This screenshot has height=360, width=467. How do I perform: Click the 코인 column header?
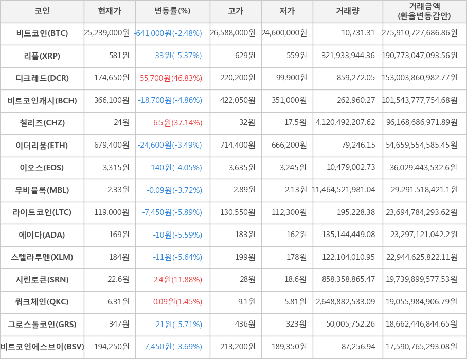pos(42,11)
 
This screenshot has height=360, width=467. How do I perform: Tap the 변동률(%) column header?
pos(172,11)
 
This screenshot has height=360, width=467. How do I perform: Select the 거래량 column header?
pos(348,11)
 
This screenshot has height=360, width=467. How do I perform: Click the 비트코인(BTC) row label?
pos(42,33)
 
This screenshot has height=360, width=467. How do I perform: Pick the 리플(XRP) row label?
pos(42,56)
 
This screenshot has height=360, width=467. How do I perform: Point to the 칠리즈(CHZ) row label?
pos(42,122)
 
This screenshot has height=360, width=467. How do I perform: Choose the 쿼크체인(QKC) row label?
pos(42,302)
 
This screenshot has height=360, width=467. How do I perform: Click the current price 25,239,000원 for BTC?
pos(107,33)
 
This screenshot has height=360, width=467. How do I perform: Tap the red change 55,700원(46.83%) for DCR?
pos(171,78)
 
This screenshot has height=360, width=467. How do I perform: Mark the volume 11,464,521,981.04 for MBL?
pos(344,190)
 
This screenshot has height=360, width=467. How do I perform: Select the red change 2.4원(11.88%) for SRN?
pos(177,280)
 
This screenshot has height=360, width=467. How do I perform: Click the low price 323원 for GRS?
pos(296,325)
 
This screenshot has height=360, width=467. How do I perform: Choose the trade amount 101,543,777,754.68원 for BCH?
pos(420,100)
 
